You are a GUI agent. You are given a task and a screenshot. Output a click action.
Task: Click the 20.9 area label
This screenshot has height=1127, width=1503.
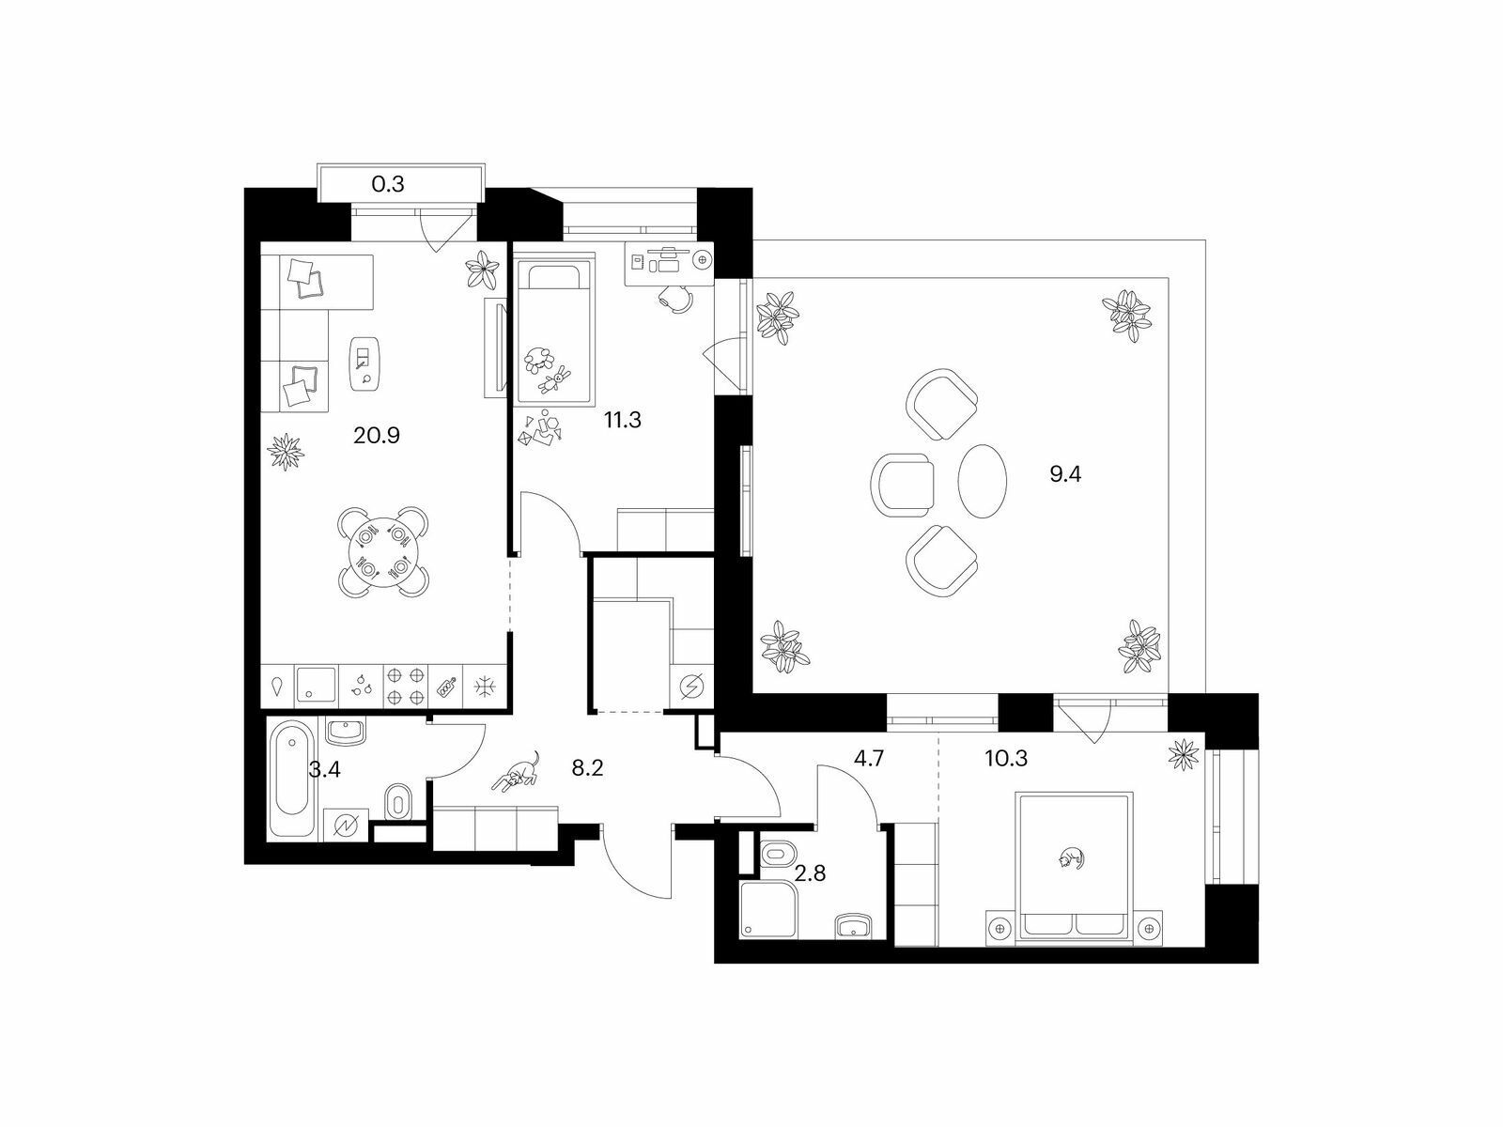tap(376, 435)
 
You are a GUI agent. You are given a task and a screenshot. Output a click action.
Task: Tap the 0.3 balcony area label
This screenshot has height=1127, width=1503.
tap(388, 184)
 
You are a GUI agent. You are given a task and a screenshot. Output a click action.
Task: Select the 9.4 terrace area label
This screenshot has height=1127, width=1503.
tap(1065, 474)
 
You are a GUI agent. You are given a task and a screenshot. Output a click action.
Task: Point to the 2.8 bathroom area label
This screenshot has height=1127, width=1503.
tap(810, 873)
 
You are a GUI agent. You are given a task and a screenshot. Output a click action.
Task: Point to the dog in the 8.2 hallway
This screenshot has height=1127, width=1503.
tap(517, 773)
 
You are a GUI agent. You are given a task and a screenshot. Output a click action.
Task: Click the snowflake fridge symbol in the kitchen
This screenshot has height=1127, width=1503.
tap(485, 687)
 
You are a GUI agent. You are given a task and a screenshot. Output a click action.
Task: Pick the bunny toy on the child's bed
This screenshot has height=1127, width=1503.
tap(553, 379)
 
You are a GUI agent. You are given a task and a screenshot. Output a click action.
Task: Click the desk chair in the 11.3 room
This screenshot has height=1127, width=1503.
tap(675, 298)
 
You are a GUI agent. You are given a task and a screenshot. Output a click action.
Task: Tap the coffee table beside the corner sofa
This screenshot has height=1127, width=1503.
tap(365, 363)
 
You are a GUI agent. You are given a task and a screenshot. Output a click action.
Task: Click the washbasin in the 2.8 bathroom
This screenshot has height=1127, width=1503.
tap(853, 927)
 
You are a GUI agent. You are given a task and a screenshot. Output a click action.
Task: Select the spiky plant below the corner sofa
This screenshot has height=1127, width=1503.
tap(285, 451)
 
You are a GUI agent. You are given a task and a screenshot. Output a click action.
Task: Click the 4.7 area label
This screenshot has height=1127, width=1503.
tap(869, 758)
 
